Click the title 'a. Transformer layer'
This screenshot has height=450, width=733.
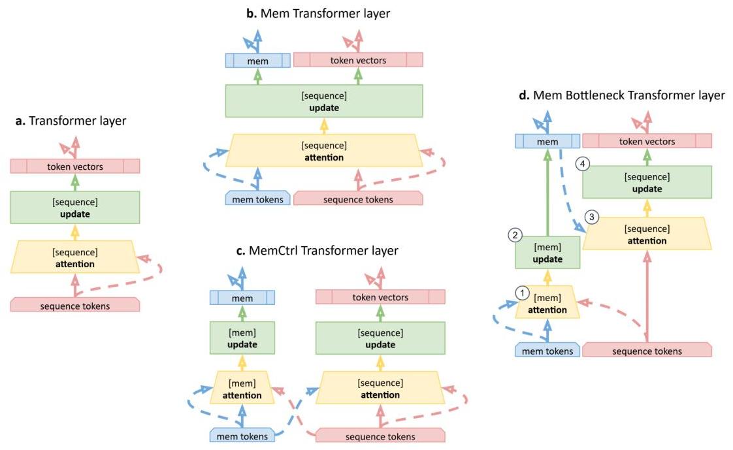[x=71, y=121]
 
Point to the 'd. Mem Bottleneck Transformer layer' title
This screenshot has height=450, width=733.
[x=621, y=95]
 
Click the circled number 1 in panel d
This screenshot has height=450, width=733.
[x=521, y=293]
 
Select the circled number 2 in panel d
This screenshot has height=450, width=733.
[x=515, y=234]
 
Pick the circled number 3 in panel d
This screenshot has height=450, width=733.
[x=592, y=217]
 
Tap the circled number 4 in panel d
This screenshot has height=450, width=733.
[x=583, y=165]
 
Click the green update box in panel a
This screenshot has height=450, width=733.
[x=74, y=208]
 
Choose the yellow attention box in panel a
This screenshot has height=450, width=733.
[x=74, y=257]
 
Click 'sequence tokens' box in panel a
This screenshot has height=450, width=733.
[x=74, y=304]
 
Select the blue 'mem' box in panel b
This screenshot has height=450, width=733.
[x=257, y=60]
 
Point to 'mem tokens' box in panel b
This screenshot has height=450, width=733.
[x=257, y=199]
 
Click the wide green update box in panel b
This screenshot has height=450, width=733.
[x=324, y=101]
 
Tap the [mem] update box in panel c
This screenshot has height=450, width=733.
[x=242, y=338]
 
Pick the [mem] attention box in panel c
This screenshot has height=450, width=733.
[x=242, y=389]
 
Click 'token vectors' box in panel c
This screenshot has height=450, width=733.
[x=380, y=297]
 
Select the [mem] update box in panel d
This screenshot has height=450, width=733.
[x=547, y=253]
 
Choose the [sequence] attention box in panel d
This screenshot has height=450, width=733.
[x=647, y=234]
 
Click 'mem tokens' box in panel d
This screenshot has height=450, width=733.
[x=547, y=351]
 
